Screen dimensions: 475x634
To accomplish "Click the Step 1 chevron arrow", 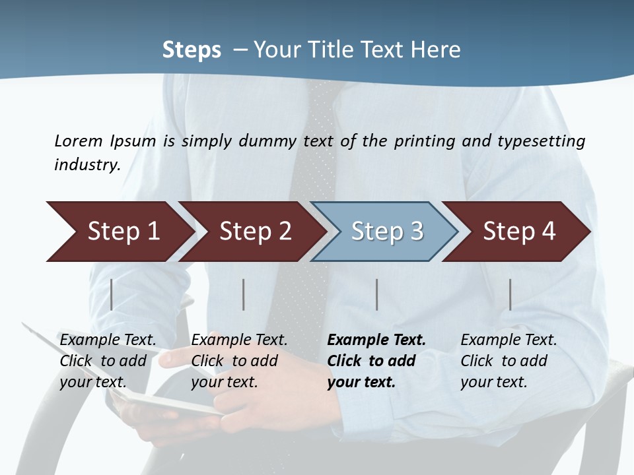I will tap(119, 232).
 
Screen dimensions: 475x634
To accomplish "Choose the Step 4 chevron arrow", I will tap(518, 232).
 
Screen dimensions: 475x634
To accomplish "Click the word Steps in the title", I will tap(192, 50).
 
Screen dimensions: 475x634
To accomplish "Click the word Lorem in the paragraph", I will tap(79, 141).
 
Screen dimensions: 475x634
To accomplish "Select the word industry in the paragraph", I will tap(87, 165).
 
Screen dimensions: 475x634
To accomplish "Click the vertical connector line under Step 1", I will tap(112, 294).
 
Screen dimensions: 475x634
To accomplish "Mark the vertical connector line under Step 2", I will tap(244, 294).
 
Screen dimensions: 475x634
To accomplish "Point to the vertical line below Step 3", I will tap(377, 294).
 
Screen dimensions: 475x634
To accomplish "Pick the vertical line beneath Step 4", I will tap(510, 294).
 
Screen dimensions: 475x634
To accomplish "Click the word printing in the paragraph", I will tap(425, 141).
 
